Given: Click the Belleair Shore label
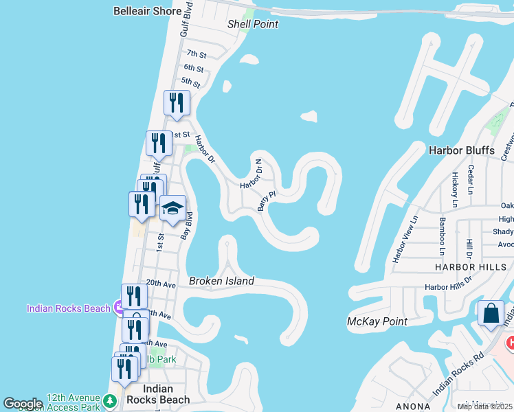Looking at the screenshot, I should (x=148, y=12).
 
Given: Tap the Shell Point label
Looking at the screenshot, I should (x=253, y=24).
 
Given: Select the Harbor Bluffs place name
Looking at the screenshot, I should (x=461, y=150).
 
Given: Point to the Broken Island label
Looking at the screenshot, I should (x=221, y=281).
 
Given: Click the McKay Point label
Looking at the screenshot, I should (x=377, y=321).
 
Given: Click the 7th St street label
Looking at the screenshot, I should (x=197, y=54).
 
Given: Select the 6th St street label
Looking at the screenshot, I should (x=194, y=69).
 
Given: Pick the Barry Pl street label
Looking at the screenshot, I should (x=267, y=201).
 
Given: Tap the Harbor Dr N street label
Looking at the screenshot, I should (x=252, y=174).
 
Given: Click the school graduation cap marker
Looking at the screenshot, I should (x=172, y=208).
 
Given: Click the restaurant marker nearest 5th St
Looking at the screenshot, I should (x=177, y=103).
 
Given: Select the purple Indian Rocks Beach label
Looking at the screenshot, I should (x=69, y=308).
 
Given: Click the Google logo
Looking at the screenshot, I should (x=23, y=404).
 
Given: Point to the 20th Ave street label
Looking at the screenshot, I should (x=162, y=283).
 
